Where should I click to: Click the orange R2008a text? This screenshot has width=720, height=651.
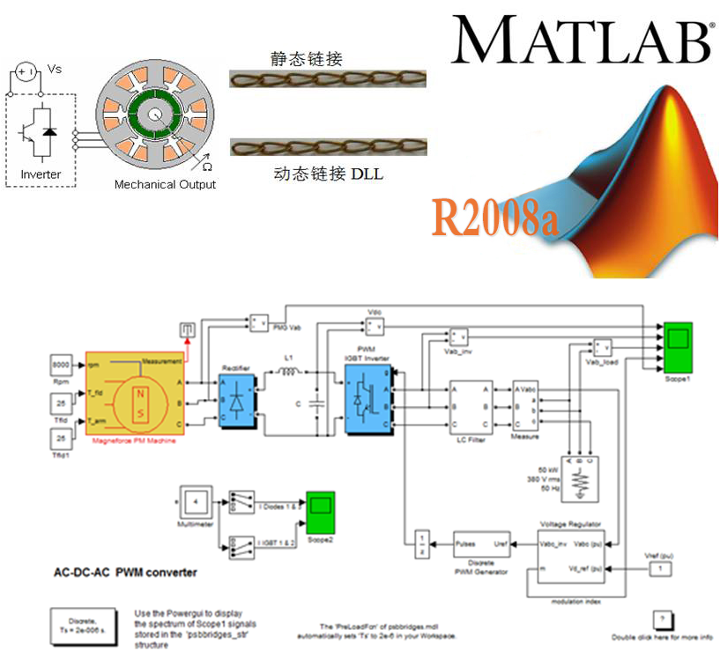(x=494, y=217)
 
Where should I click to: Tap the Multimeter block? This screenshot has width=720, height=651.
(x=196, y=502)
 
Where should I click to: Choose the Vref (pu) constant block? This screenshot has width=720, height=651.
(x=656, y=570)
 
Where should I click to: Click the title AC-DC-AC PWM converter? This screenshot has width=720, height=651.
(x=126, y=573)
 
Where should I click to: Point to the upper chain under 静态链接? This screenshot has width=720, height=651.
(x=327, y=80)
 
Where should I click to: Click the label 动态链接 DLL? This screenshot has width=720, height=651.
(x=328, y=174)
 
